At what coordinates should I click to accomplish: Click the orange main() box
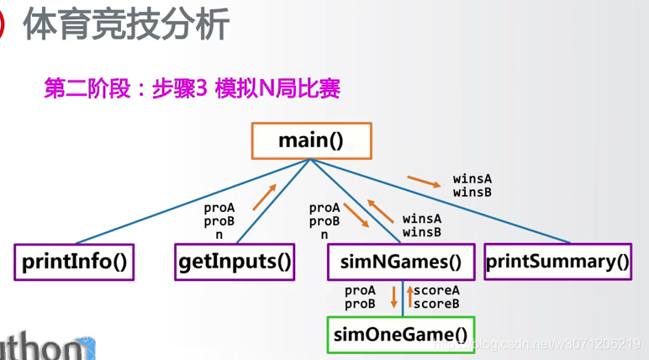coord(311,140)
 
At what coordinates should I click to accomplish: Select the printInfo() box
coord(75,262)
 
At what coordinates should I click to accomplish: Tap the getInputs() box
coord(235,262)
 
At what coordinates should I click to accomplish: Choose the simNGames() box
coord(401,262)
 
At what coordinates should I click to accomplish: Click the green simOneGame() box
coord(400,335)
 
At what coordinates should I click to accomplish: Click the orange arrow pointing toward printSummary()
coord(422,182)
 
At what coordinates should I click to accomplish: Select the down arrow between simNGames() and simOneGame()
coord(393,297)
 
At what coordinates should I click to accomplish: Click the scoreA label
coord(437,290)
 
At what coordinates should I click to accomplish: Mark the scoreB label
coord(437,303)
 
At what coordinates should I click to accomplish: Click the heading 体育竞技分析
coord(126,25)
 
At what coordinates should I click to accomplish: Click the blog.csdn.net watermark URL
coord(555,344)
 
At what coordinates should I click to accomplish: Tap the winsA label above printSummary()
coord(472,179)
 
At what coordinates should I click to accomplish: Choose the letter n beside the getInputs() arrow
coord(219,235)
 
